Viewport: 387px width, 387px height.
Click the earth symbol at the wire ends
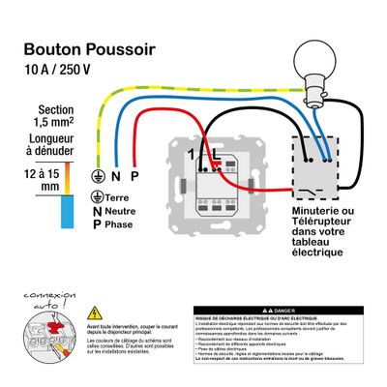[x=96, y=177]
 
